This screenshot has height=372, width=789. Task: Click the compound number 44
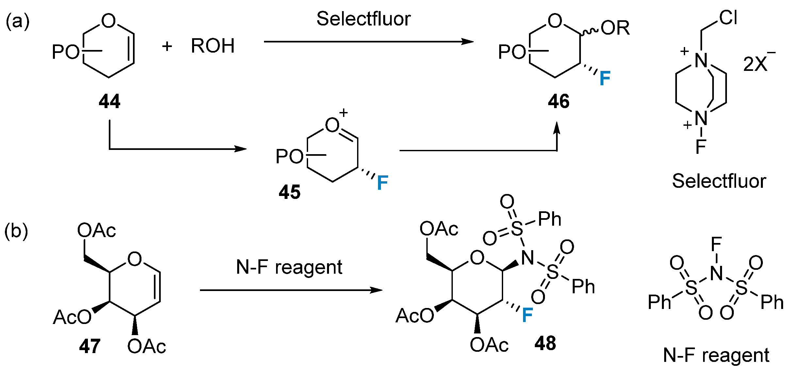pyautogui.click(x=109, y=101)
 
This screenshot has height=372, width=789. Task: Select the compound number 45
pyautogui.click(x=289, y=192)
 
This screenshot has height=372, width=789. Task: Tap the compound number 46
pyautogui.click(x=558, y=101)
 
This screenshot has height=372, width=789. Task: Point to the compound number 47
pyautogui.click(x=90, y=346)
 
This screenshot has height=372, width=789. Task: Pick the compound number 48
pyautogui.click(x=545, y=343)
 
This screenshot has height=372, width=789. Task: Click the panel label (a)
pyautogui.click(x=18, y=22)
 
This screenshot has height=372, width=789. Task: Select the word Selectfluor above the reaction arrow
pyautogui.click(x=363, y=19)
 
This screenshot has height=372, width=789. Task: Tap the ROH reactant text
pyautogui.click(x=213, y=46)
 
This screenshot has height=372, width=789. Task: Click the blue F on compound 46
pyautogui.click(x=605, y=78)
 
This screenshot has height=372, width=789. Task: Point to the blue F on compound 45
pyautogui.click(x=382, y=183)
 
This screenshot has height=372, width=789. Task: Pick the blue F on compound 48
pyautogui.click(x=527, y=315)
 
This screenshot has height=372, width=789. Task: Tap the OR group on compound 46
pyautogui.click(x=615, y=28)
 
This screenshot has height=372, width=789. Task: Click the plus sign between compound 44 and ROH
pyautogui.click(x=167, y=46)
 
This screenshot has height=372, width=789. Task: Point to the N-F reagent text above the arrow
pyautogui.click(x=289, y=267)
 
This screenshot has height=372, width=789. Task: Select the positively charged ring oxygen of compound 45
pyautogui.click(x=333, y=125)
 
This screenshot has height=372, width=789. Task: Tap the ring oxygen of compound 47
pyautogui.click(x=135, y=259)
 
